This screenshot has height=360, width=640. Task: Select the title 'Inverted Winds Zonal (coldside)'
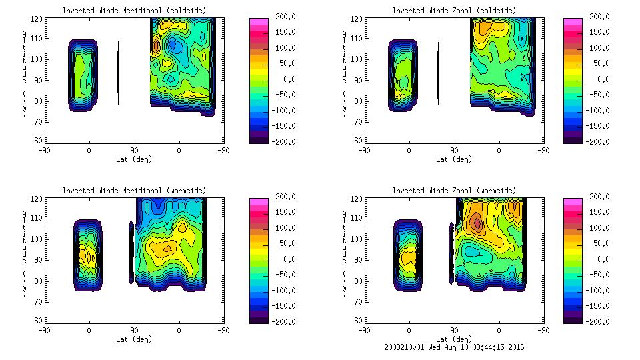pos(454,11)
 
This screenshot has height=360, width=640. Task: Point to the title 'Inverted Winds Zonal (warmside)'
pos(454,191)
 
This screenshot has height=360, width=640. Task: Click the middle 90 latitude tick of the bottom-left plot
pos(134,330)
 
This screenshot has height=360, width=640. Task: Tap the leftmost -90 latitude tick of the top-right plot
pos(364,150)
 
